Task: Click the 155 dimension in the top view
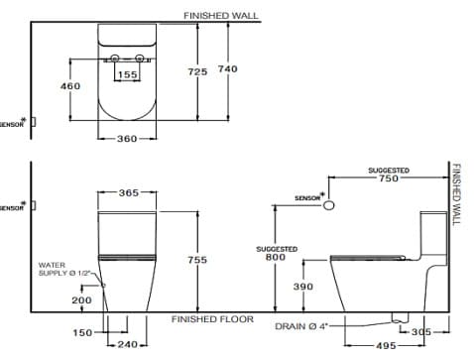pyautogui.click(x=128, y=74)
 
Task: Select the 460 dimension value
pyautogui.click(x=70, y=87)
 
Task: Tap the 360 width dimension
pyautogui.click(x=127, y=139)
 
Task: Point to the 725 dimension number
pyautogui.click(x=197, y=71)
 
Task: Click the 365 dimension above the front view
pyautogui.click(x=129, y=193)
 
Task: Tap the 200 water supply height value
pyautogui.click(x=81, y=300)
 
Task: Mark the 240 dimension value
pyautogui.click(x=127, y=344)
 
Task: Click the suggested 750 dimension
pyautogui.click(x=388, y=179)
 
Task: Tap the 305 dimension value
pyautogui.click(x=421, y=333)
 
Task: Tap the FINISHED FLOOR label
pyautogui.click(x=212, y=319)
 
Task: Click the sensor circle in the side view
pyautogui.click(x=329, y=203)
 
